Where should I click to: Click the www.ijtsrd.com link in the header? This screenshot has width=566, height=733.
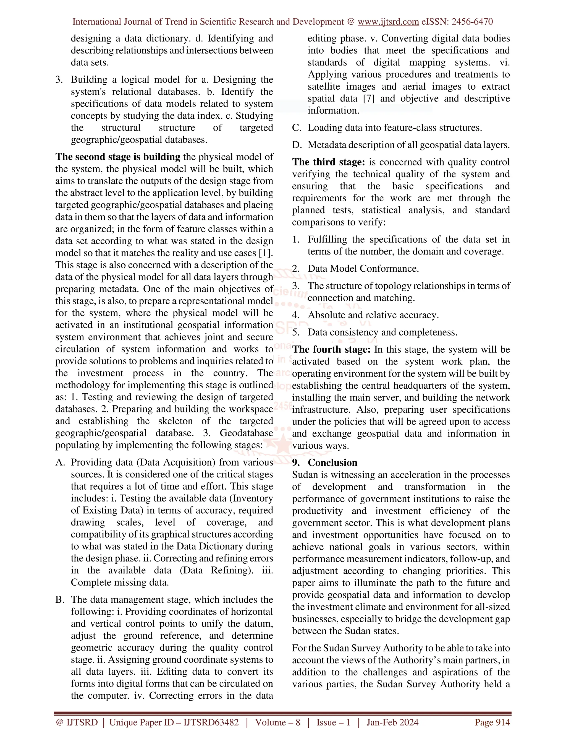click(388, 22)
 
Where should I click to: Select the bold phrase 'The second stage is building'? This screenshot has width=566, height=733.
click(118, 157)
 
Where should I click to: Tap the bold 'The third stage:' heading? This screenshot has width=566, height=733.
click(328, 162)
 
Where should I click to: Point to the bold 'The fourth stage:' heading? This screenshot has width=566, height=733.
click(331, 349)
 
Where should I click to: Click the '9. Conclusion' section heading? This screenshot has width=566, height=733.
click(324, 462)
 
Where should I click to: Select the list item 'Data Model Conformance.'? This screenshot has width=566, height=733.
click(363, 269)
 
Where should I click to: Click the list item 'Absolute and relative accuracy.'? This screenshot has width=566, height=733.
click(373, 315)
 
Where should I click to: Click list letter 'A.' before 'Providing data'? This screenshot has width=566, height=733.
click(60, 462)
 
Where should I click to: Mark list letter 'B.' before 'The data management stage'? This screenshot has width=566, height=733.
click(60, 600)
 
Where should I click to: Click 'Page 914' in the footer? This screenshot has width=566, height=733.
click(492, 722)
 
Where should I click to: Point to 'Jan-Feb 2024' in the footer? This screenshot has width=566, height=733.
click(392, 722)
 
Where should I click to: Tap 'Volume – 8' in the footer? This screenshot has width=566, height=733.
click(277, 722)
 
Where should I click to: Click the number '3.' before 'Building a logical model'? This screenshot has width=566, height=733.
click(59, 80)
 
